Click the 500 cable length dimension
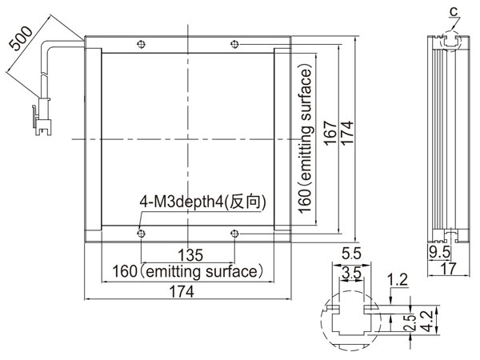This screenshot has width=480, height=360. tap(20, 38)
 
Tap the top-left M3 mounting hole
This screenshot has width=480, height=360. tap(141, 44)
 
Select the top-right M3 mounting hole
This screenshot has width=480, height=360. tap(234, 44)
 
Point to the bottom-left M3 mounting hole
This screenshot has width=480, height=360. tap(141, 234)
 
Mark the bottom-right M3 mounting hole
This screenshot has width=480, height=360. tap(234, 234)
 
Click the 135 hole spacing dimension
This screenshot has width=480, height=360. tap(190, 255)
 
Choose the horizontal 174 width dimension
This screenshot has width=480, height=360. tap(182, 291)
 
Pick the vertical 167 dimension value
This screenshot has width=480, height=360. tap(330, 133)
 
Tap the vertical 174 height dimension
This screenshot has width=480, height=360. tap(347, 133)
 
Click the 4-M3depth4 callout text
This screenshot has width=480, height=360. tap(202, 202)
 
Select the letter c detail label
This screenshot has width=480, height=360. tap(454, 12)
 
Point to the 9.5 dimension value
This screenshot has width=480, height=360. tap(439, 252)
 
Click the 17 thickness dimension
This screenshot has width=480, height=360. tap(449, 269)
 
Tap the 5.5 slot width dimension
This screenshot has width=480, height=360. tap(351, 254)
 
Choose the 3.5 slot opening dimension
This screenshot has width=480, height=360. tap(352, 272)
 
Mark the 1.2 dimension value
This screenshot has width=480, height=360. tap(398, 280)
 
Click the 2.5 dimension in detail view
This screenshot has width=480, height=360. tap(410, 322)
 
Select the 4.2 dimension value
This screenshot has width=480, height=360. tap(428, 321)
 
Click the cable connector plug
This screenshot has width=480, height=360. tap(43, 117)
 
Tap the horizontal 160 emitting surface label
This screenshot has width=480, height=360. tap(188, 272)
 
